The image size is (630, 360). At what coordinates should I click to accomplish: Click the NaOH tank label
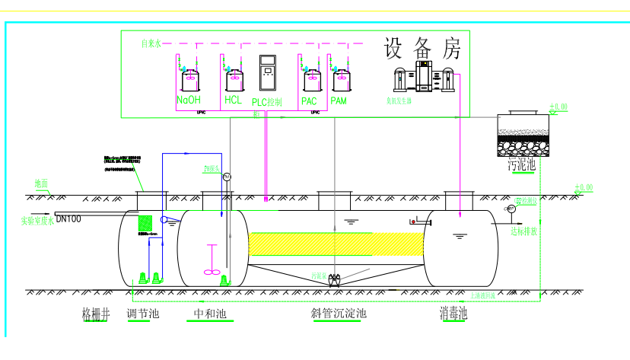(x=189, y=100)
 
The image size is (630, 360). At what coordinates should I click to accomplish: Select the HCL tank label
(x=233, y=100)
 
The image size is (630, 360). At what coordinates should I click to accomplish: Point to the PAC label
(x=309, y=100)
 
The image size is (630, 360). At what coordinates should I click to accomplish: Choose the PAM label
(x=339, y=100)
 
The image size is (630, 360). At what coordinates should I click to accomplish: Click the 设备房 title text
(x=422, y=50)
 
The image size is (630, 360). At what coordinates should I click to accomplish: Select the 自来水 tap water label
(x=152, y=43)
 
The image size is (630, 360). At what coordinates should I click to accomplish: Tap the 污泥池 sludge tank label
(x=522, y=164)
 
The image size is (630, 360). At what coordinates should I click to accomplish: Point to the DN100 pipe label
(x=68, y=218)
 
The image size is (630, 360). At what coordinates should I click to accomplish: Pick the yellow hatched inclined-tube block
(x=335, y=244)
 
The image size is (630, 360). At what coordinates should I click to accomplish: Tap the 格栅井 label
(x=96, y=313)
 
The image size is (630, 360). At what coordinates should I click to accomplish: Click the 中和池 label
(x=211, y=313)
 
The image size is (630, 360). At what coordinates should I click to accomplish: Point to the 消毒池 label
(x=453, y=313)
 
